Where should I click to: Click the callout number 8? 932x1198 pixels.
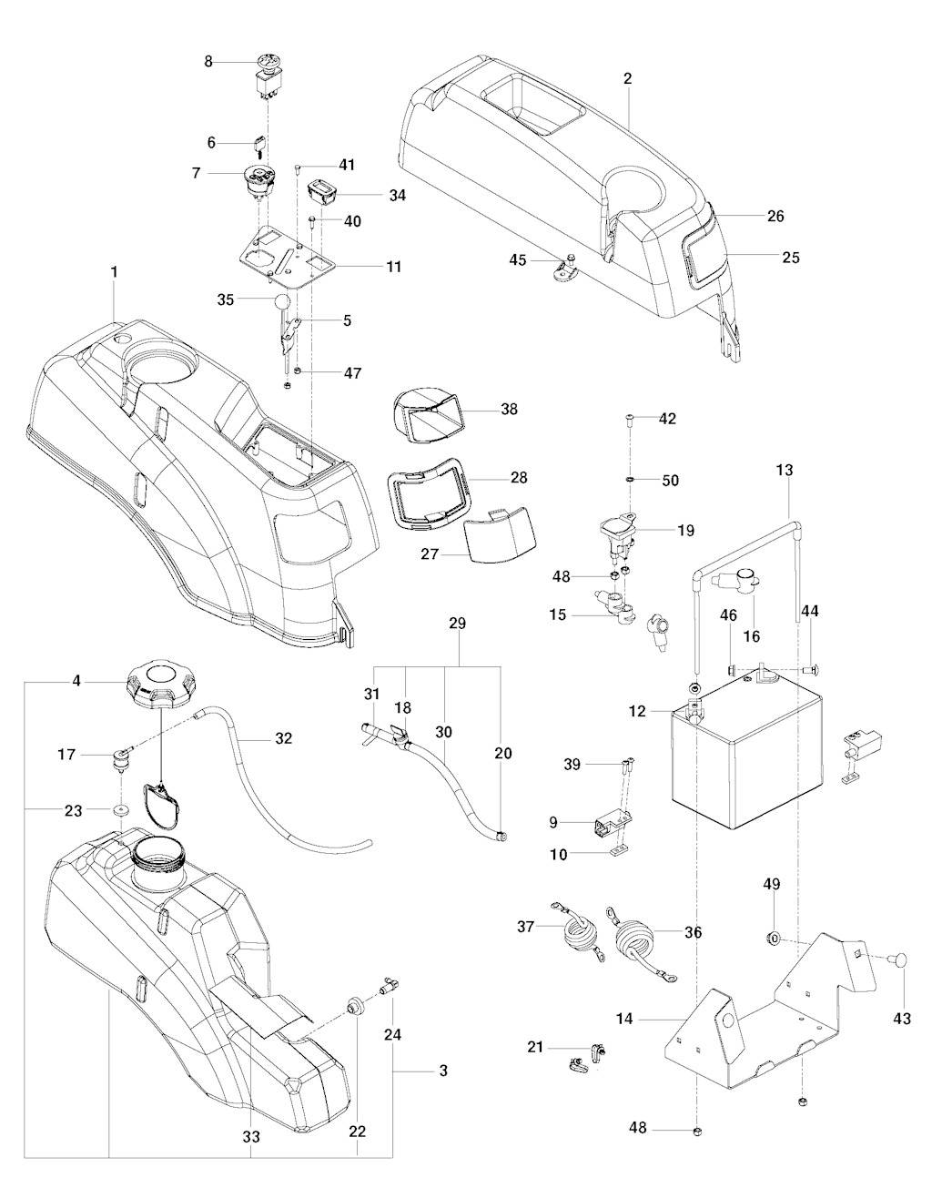pos(208,62)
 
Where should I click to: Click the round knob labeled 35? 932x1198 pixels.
pos(283,302)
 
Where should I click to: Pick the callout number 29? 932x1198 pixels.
pos(457,624)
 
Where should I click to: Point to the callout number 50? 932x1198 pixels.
pos(670,480)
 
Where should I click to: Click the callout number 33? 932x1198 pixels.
pos(251,1136)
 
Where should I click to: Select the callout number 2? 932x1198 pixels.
pos(628,79)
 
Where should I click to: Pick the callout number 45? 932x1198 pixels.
pos(518,259)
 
